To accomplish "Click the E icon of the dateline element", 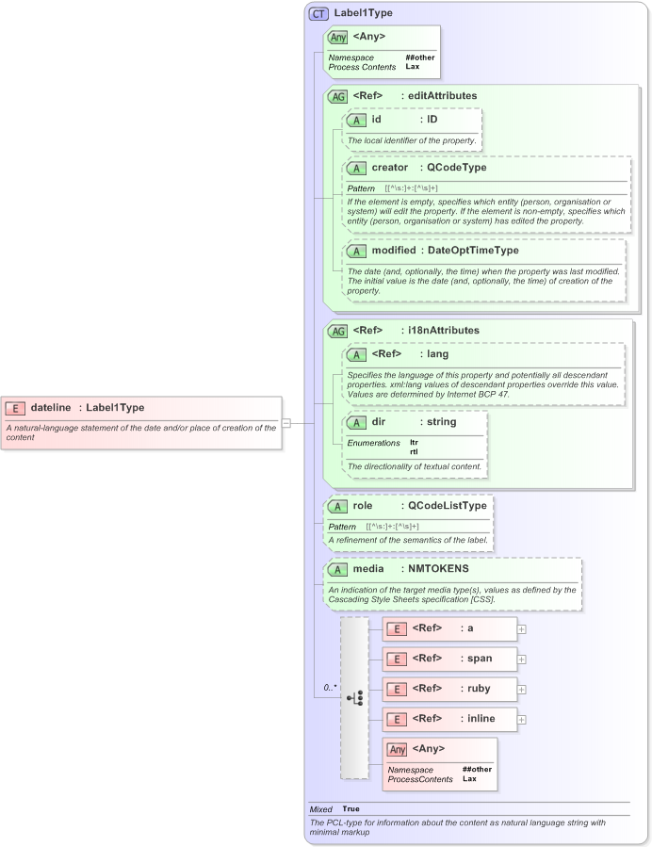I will (x=15, y=408).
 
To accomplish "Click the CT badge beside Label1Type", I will (x=318, y=13).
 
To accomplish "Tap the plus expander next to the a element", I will (x=522, y=628).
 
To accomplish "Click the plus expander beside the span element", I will (x=522, y=659).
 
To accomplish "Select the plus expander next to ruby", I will (x=522, y=689).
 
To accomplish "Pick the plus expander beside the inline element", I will (x=522, y=719).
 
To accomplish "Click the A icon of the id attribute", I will (x=356, y=120).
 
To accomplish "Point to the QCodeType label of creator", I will (x=456, y=168).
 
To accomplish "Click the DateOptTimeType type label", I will (x=473, y=251).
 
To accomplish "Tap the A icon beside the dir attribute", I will (x=356, y=422).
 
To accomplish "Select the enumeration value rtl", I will (x=415, y=451).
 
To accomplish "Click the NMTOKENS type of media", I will (x=438, y=569).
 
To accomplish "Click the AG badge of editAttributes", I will (x=336, y=96).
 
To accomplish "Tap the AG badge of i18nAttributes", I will (x=336, y=331).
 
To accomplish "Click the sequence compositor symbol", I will (x=354, y=698).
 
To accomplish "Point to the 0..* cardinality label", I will (x=330, y=688).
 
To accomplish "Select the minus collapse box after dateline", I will (x=286, y=423).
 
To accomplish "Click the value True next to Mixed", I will (x=350, y=808).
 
